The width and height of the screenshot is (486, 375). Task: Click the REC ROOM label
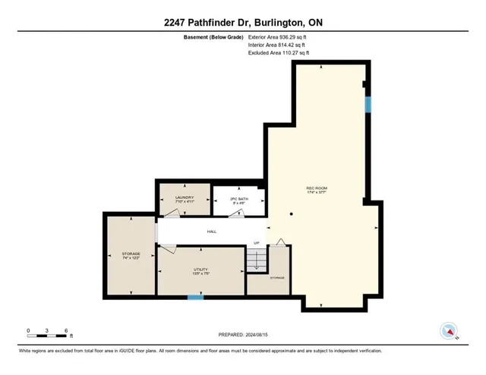tap(328, 190)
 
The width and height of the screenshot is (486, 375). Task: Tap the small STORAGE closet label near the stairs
tap(278, 279)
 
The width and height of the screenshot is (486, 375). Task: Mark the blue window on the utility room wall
tap(196, 297)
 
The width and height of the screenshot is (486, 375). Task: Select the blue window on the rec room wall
tap(368, 105)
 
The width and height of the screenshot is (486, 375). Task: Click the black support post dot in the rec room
tap(291, 214)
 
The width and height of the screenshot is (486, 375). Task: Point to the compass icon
tap(449, 331)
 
